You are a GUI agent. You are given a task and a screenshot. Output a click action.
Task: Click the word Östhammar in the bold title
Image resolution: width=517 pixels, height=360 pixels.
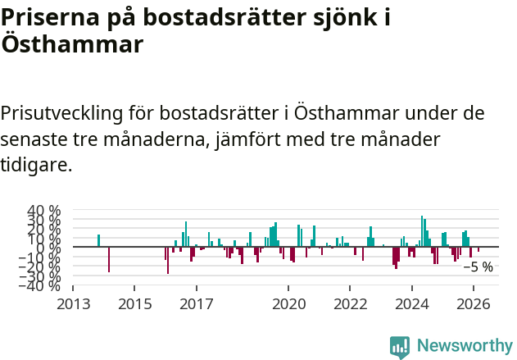(x=72, y=44)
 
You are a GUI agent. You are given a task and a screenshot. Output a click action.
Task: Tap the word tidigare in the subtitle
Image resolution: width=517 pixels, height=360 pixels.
(x=36, y=165)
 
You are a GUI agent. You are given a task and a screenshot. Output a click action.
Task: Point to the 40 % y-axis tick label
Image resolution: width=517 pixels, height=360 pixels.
(x=44, y=211)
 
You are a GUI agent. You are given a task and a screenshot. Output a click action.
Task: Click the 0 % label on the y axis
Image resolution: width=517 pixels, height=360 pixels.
(x=50, y=247)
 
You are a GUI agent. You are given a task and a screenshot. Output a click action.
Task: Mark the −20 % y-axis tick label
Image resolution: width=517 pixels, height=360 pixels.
(x=41, y=266)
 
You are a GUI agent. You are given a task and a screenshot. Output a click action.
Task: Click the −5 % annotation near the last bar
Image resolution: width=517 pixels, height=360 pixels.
(x=478, y=267)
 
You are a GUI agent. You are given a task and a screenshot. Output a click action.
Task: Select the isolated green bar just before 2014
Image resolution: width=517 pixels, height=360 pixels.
(x=98, y=240)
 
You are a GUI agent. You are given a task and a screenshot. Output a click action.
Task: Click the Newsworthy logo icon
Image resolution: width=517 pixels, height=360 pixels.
(x=400, y=347)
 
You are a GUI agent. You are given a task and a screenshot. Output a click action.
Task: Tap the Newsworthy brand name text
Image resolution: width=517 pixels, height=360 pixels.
(x=465, y=346)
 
